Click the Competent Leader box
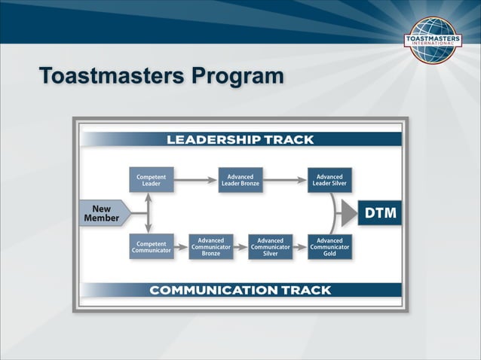pyautogui.click(x=151, y=179)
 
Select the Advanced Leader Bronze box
pyautogui.click(x=240, y=179)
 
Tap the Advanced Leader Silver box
pyautogui.click(x=329, y=179)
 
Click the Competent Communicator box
pyautogui.click(x=151, y=246)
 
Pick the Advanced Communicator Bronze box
pyautogui.click(x=210, y=246)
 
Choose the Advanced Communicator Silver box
pyautogui.click(x=270, y=246)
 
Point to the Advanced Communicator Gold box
pyautogui.click(x=329, y=246)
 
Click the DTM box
pyautogui.click(x=381, y=213)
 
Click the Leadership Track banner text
pyautogui.click(x=240, y=139)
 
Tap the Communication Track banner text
pyautogui.click(x=240, y=290)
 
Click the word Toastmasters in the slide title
pyautogui.click(x=111, y=77)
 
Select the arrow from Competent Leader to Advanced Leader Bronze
pyautogui.click(x=195, y=179)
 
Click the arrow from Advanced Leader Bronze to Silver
pyautogui.click(x=285, y=179)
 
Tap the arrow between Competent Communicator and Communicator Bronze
pyautogui.click(x=180, y=246)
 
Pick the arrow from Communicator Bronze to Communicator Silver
pyautogui.click(x=240, y=246)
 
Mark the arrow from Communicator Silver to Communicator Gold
pyautogui.click(x=299, y=246)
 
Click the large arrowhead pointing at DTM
pyautogui.click(x=348, y=213)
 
